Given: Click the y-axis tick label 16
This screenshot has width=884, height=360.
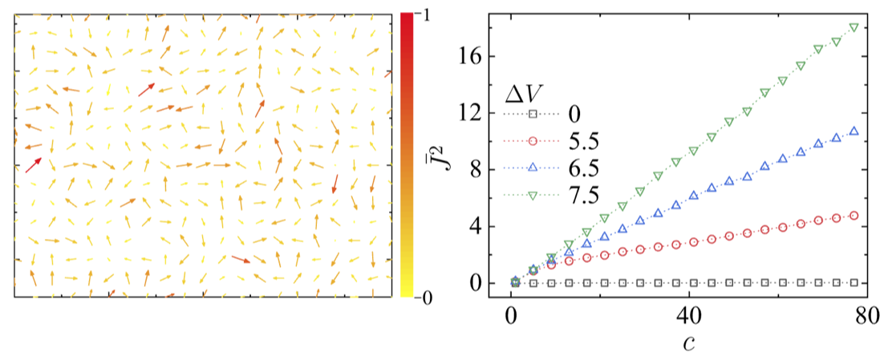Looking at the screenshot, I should point(471,57).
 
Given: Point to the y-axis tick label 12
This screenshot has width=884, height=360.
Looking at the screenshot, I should point(471,113).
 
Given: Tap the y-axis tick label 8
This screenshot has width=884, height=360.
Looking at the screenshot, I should point(476,170).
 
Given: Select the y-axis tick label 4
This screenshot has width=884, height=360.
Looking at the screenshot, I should point(476,227).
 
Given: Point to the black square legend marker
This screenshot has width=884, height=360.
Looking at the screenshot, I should point(533,115).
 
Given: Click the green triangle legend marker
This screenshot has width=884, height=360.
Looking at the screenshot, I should point(533,195).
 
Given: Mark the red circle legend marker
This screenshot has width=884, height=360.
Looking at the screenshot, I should point(533,142).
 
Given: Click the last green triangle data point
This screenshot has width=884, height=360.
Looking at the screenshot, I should point(854,27).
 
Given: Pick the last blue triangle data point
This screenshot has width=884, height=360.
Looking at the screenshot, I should point(854,131).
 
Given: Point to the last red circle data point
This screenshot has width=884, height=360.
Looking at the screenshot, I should point(854,216).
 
